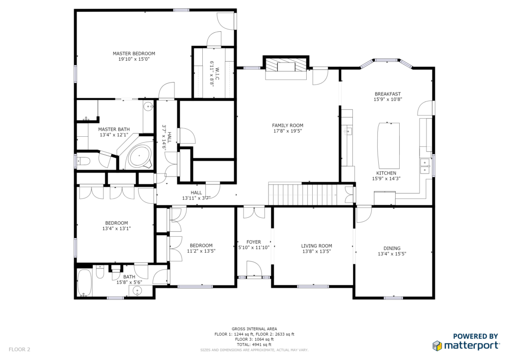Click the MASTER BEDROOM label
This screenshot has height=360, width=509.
134,54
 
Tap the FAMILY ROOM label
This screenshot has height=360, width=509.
288,125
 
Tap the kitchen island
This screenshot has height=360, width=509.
389,145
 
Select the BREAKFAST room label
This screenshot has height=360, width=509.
388,94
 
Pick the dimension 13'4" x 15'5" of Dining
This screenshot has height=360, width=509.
392,254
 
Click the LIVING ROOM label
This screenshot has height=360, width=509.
317,246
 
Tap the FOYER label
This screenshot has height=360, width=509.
254,242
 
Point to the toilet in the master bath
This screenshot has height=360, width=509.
83,161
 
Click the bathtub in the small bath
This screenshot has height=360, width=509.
85,283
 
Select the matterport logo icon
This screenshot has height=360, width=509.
437,346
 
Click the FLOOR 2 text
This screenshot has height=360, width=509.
19,350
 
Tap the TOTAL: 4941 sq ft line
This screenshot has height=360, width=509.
254,345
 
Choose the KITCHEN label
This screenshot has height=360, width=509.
386,174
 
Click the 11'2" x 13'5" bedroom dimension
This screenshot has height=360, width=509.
201,251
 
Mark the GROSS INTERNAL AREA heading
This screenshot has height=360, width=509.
254,329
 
